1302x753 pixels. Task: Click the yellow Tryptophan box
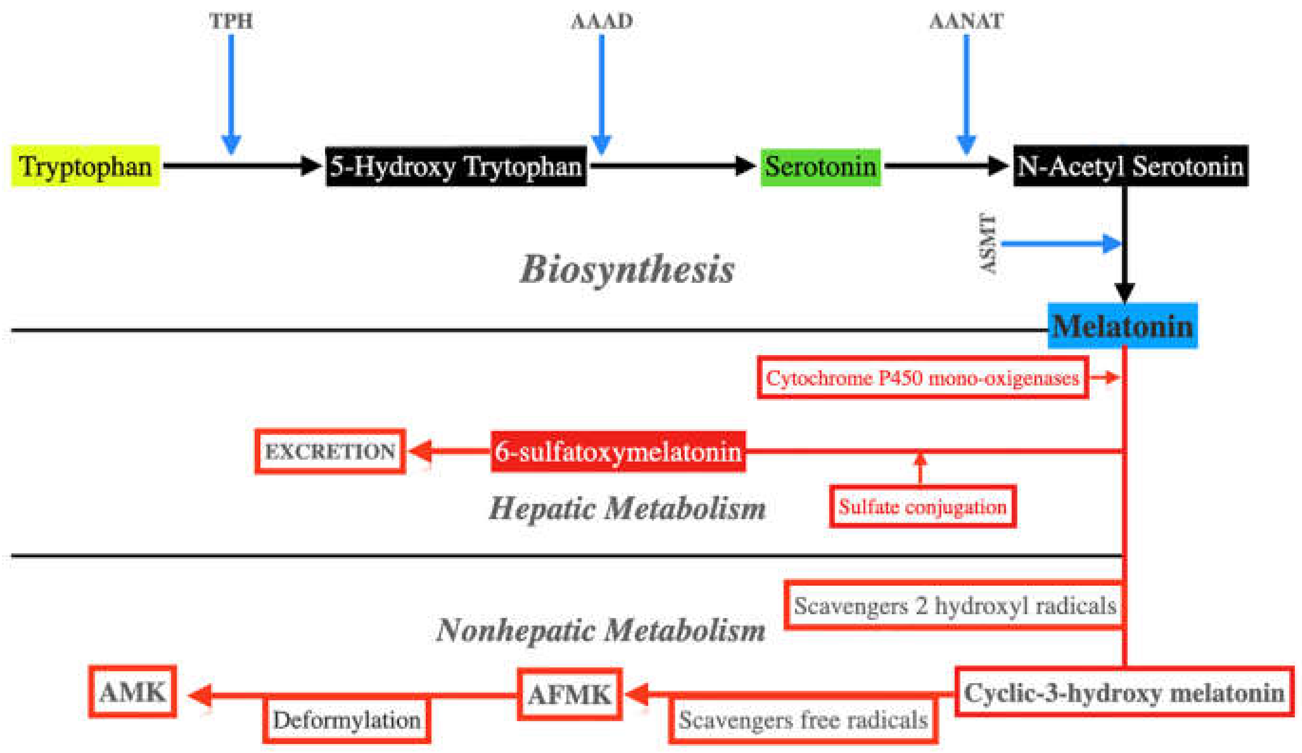click(85, 166)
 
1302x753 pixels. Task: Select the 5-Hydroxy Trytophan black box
click(456, 166)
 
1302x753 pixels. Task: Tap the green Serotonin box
click(820, 166)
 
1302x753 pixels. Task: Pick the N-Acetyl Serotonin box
click(1130, 166)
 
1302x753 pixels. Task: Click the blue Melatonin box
click(1122, 326)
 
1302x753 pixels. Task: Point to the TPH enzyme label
click(230, 21)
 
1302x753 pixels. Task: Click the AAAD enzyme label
click(602, 21)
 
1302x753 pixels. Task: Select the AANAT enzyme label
click(966, 21)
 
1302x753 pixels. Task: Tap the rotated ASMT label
click(987, 243)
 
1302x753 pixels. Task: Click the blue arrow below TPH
click(230, 93)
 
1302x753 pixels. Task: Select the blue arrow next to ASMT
click(1059, 243)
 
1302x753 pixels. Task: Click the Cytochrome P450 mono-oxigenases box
click(922, 378)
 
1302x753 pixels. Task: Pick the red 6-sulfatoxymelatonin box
click(618, 451)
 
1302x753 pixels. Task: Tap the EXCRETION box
click(330, 451)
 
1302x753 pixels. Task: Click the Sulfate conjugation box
click(922, 506)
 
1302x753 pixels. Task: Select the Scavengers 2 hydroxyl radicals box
click(954, 605)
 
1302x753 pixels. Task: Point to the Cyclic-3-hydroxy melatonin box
click(1124, 692)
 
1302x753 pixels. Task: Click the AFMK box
click(569, 694)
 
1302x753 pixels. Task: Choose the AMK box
click(133, 692)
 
